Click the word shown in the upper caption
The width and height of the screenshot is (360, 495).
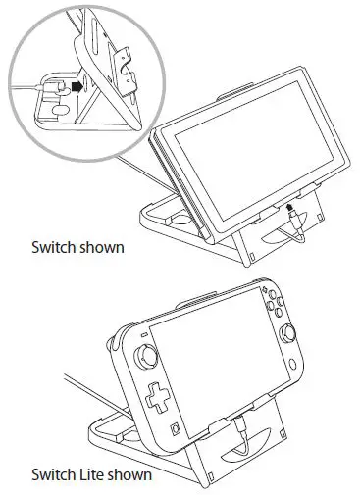[103, 247]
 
